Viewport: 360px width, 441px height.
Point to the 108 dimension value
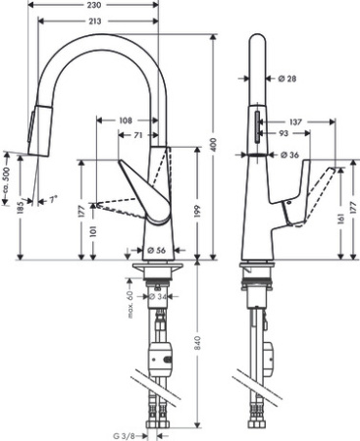tap(126, 122)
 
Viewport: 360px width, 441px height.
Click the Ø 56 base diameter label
tap(157, 249)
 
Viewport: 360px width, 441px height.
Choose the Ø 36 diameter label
tap(289, 155)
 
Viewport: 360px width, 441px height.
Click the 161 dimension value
tap(339, 223)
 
